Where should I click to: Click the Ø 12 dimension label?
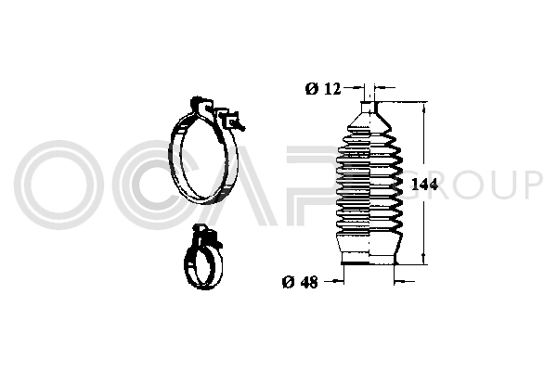323,89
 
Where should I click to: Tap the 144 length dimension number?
424,185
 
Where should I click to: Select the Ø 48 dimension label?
300,282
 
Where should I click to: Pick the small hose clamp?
187,262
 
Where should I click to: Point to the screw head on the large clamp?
231,121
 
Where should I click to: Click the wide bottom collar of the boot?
369,259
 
